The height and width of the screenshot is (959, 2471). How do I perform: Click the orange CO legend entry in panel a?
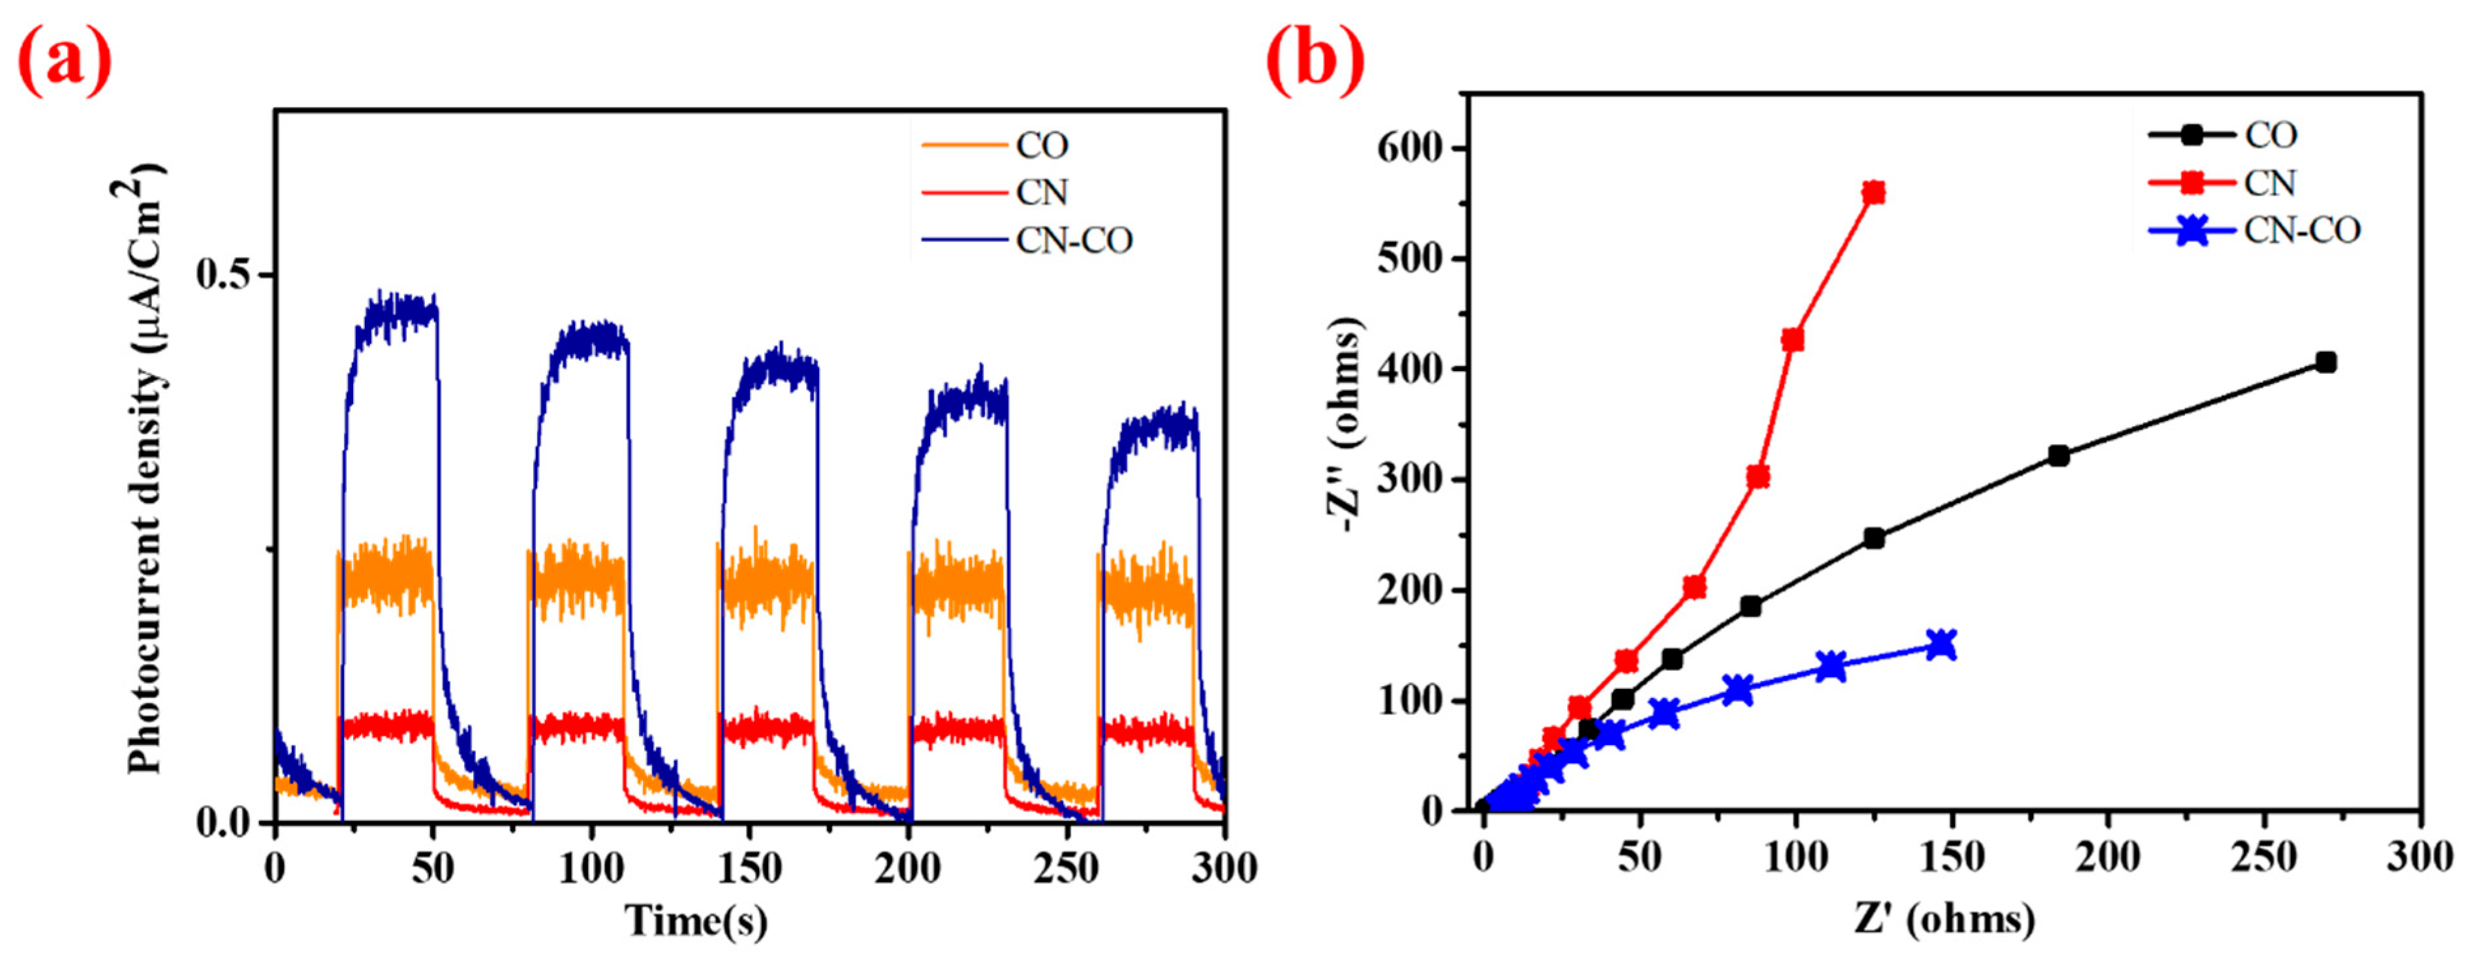[1042, 145]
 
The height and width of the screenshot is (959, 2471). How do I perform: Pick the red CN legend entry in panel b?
[2269, 182]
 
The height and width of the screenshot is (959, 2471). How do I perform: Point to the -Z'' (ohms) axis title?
[1346, 427]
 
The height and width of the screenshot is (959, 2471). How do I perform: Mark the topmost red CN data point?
[1873, 192]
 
